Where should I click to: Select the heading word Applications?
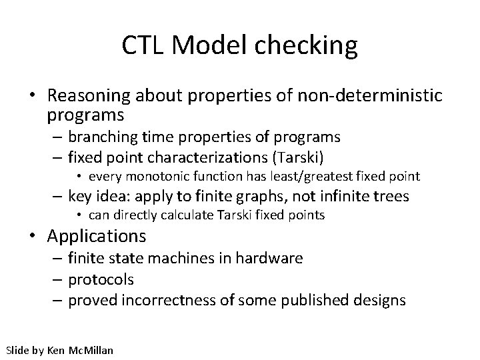[x=97, y=236]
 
